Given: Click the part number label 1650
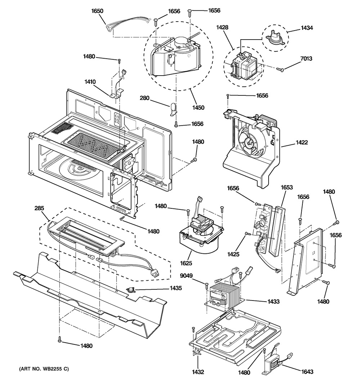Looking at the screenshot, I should [97, 11].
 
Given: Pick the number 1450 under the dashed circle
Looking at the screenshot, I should [198, 108].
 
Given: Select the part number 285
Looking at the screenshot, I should [39, 208].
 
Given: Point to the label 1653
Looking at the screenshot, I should [287, 188].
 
